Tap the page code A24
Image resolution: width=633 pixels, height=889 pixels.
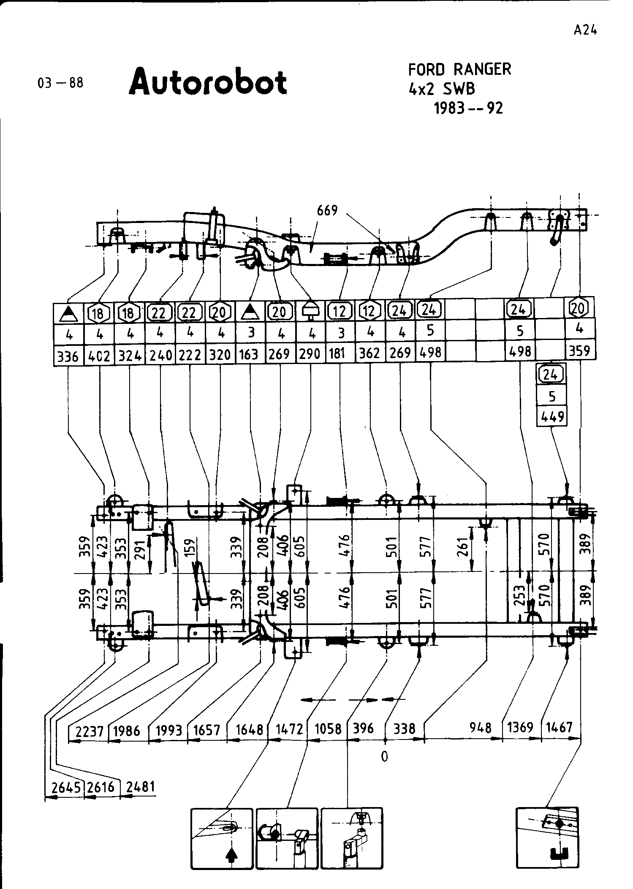pos(585,30)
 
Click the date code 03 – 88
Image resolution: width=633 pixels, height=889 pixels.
pos(61,83)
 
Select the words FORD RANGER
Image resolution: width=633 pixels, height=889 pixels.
pos(459,69)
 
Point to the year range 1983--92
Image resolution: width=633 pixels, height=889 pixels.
pos(469,109)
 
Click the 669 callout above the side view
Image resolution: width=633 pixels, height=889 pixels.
pos(328,210)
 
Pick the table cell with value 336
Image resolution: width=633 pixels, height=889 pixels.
pos(68,356)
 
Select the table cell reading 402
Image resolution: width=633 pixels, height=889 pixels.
pos(99,356)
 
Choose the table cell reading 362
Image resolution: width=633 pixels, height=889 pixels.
pos(369,353)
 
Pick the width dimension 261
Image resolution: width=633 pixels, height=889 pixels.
pos(464,548)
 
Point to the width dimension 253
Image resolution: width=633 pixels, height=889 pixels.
pos(520,595)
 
